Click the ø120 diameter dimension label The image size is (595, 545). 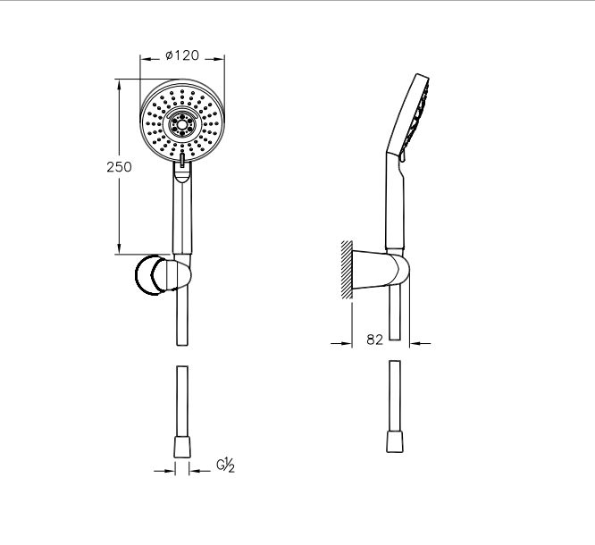[182, 55]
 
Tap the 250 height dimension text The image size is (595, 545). [119, 167]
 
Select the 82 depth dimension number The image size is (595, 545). [375, 340]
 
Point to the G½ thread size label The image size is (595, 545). [226, 465]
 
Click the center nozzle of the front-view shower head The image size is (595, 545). [182, 123]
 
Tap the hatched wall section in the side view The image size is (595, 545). [347, 270]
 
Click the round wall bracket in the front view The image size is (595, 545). [151, 275]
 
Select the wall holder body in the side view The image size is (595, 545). [381, 270]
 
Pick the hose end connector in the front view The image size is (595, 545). [182, 447]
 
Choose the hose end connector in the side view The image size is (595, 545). [395, 441]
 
